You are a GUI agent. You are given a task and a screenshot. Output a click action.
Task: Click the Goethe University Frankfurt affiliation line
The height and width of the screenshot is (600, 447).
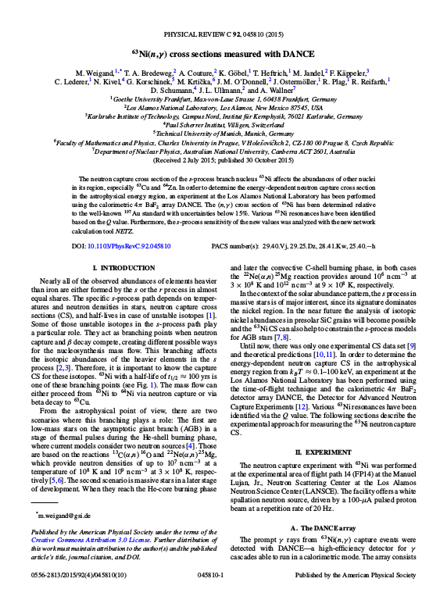click(223, 100)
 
